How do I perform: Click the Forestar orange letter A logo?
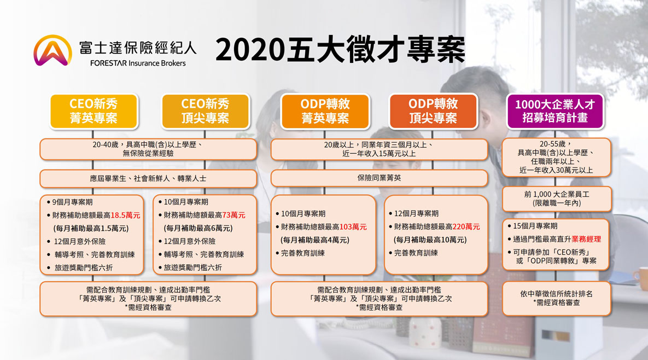coord(52,50)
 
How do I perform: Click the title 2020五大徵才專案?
coord(341,50)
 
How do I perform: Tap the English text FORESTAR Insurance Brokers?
coord(138,63)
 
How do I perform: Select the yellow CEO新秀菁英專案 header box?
coord(94,111)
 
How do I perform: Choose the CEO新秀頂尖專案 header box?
coord(206,111)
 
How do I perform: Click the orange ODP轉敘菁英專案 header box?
coord(325,111)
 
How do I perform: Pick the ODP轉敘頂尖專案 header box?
coord(433,111)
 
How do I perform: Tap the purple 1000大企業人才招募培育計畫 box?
coord(555,111)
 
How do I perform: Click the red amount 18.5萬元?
coord(126,216)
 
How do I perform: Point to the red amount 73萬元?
coord(234,216)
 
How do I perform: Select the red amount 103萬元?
coord(353,227)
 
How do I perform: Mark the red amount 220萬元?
coord(466,227)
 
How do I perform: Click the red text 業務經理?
coord(586,239)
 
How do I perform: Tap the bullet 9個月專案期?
coord(69,202)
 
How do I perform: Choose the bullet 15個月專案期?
coord(533,226)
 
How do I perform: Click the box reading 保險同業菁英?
coord(380,178)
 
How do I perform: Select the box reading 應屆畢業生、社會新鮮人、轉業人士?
coord(148,178)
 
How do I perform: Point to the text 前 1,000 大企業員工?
coord(557,194)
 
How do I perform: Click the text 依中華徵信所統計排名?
coord(556,294)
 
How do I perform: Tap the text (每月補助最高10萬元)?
coord(430,240)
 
